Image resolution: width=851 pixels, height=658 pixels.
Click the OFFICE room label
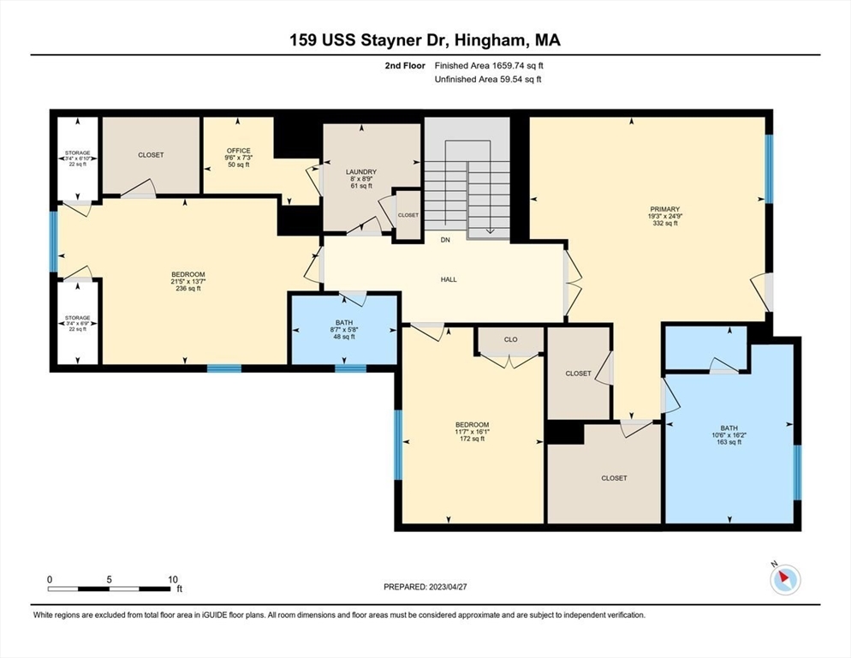[x=239, y=151]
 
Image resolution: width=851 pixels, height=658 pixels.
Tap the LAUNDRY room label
[x=361, y=171]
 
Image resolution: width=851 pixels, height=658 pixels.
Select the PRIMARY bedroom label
[x=665, y=209]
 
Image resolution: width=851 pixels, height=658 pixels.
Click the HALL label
[x=449, y=279]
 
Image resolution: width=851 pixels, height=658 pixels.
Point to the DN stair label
[x=445, y=240]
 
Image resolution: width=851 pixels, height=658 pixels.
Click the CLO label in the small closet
[x=511, y=339]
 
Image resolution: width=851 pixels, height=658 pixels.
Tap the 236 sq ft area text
[x=187, y=289]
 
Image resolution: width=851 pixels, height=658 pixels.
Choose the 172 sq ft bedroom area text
[x=473, y=439]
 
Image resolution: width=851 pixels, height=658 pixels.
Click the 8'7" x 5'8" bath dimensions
[x=344, y=330]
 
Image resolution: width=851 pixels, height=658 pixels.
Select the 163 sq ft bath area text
[x=729, y=442]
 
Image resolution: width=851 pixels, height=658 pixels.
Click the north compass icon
[x=785, y=579]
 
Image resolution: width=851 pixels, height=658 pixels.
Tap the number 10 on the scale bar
[x=173, y=580]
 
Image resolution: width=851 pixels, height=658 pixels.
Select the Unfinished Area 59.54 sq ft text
[x=488, y=80]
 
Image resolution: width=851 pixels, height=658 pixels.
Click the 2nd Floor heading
[x=405, y=66]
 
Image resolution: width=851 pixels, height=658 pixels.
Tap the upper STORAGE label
[x=78, y=153]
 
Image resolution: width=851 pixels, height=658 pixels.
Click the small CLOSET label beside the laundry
[x=408, y=215]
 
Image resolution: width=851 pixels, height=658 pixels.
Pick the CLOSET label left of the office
[x=151, y=155]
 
